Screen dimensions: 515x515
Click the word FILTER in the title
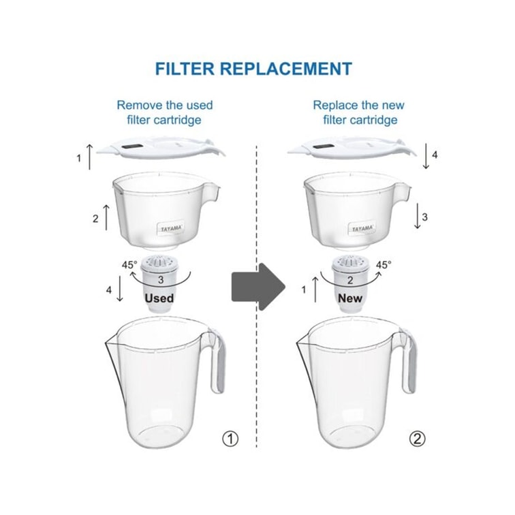(185, 69)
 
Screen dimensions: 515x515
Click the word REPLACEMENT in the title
(286, 69)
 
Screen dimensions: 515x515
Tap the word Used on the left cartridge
(159, 298)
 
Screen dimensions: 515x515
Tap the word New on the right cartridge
(350, 298)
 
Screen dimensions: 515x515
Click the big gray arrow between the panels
(258, 287)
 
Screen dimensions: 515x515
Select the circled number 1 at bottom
(230, 439)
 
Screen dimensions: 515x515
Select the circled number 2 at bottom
(417, 439)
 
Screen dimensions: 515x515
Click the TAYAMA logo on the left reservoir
(171, 228)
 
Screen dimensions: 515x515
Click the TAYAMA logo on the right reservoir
(362, 228)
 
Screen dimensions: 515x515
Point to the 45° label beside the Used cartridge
(129, 265)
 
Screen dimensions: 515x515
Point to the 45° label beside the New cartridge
(384, 265)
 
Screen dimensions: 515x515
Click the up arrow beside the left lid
(90, 157)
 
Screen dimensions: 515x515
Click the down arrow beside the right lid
(426, 156)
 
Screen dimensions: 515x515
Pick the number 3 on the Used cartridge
(161, 280)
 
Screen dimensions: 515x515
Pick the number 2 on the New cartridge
(350, 280)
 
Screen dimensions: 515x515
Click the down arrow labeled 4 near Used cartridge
(120, 288)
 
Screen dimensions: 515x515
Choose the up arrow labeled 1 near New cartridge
(315, 290)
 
